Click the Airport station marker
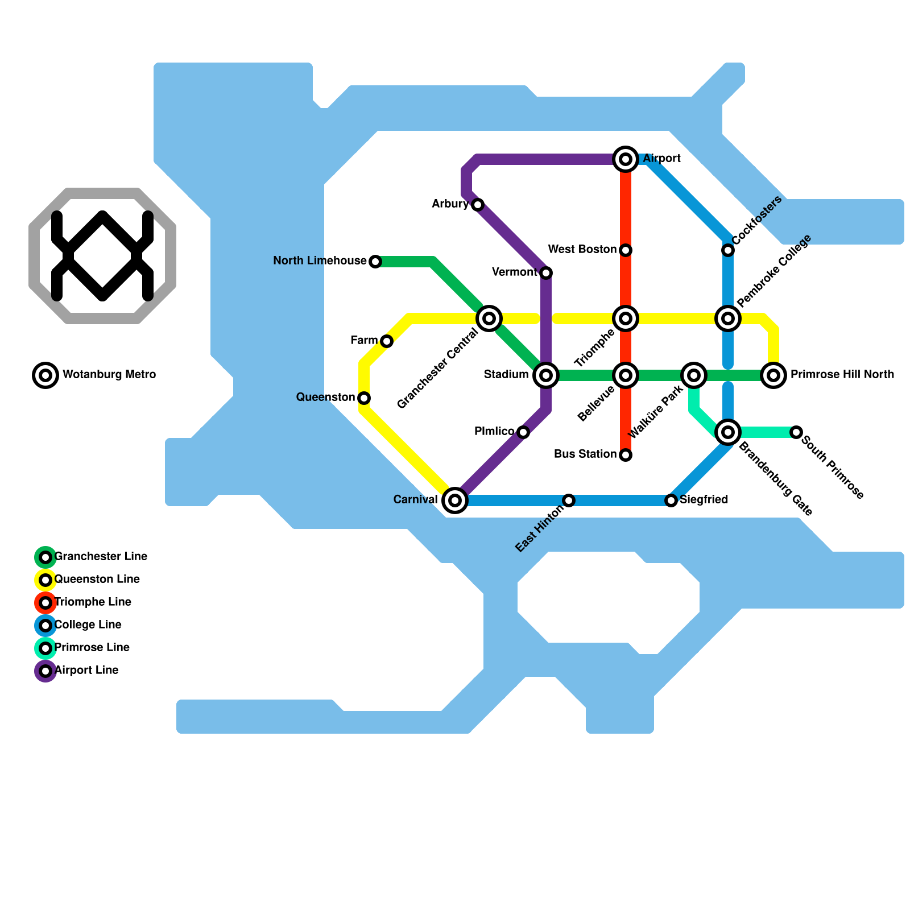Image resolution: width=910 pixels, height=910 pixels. (626, 159)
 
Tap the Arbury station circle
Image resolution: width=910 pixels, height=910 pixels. (478, 205)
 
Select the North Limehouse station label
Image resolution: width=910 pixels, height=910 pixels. (320, 261)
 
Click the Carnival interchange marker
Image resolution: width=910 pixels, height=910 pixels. (455, 500)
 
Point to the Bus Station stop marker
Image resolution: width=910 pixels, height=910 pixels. (626, 455)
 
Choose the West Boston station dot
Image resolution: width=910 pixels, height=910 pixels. (626, 250)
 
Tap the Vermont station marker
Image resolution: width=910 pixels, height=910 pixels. (546, 273)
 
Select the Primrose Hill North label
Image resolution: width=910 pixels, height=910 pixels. (842, 375)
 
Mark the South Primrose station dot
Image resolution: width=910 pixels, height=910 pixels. (796, 432)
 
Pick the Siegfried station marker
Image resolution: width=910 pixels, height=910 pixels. (671, 500)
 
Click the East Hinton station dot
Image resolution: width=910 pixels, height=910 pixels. (569, 500)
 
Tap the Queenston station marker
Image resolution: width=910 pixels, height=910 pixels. (364, 398)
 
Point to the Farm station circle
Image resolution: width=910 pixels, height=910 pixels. (387, 341)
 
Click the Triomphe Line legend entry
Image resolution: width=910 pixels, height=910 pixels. (93, 602)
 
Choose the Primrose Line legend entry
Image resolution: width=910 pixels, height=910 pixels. (92, 648)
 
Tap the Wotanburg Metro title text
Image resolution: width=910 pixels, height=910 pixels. (109, 375)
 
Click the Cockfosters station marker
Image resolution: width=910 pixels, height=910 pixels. (728, 250)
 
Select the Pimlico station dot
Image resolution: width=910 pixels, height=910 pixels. (523, 432)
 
